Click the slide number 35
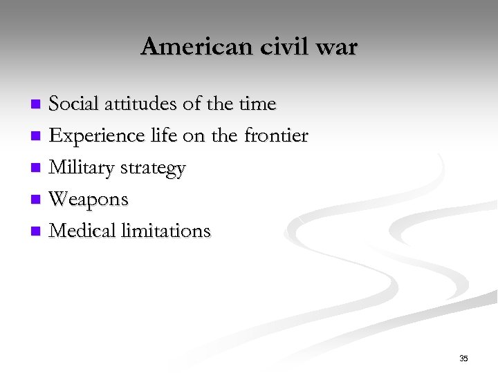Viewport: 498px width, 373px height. [463, 358]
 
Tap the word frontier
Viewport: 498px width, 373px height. [276, 136]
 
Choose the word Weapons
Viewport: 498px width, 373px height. [89, 200]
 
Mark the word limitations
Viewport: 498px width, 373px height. [166, 231]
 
